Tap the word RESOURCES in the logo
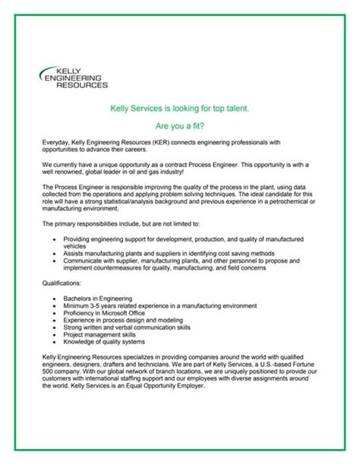[82, 84]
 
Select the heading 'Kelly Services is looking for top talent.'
[179, 109]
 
